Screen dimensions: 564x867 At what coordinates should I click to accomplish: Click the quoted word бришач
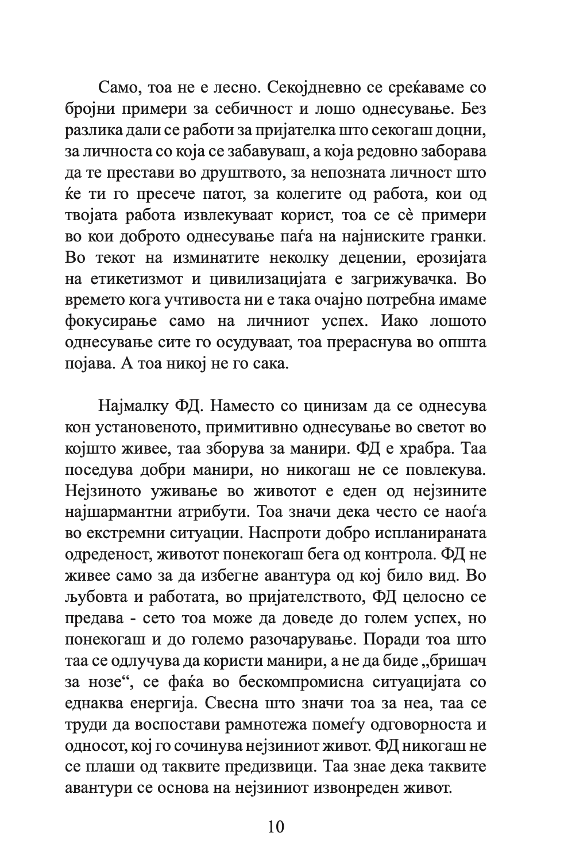[x=456, y=660]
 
